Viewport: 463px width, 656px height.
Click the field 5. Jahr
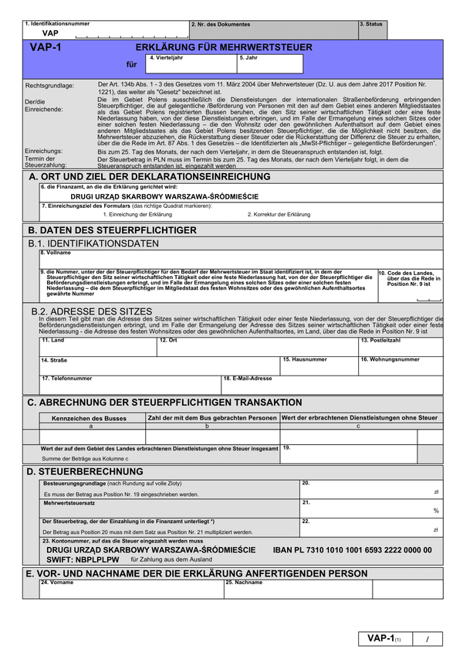[270, 66]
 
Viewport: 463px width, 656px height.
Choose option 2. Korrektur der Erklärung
[279, 214]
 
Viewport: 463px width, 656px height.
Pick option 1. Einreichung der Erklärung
[137, 214]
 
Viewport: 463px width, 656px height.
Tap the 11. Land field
[98, 348]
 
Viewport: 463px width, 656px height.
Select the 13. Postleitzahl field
[400, 348]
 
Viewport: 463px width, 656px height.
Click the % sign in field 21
[436, 511]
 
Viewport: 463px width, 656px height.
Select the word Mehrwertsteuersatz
[69, 503]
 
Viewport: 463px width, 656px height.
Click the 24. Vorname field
[131, 591]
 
